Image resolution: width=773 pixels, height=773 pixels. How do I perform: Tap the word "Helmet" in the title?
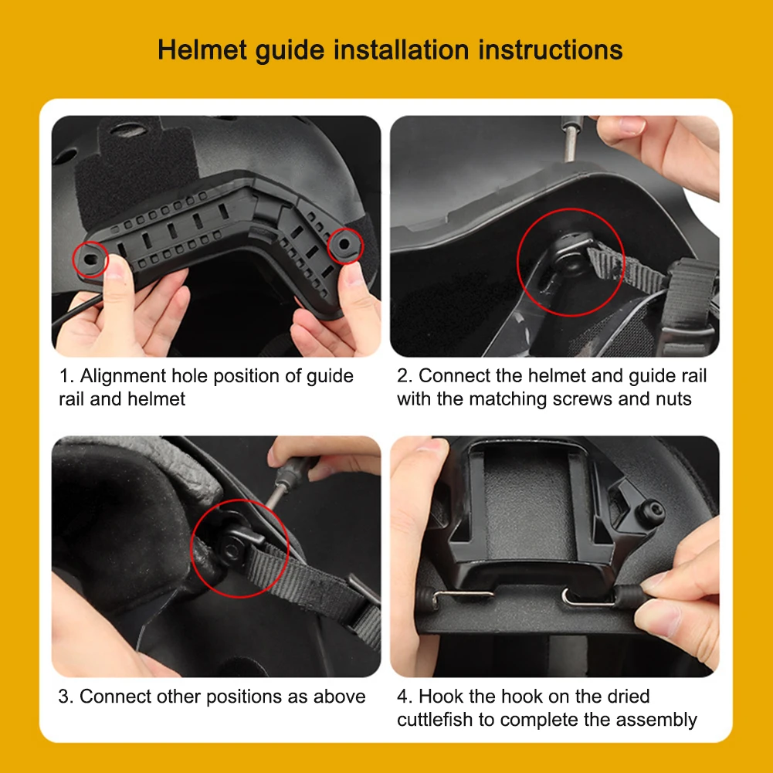202,50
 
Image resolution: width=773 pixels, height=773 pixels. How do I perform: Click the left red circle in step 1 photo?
90,257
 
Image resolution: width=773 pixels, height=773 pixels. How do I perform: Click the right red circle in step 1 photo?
345,246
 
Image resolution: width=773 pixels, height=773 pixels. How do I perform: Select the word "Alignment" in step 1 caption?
123,376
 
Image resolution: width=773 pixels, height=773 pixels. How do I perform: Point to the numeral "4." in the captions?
405,697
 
